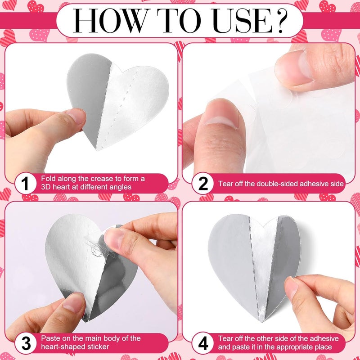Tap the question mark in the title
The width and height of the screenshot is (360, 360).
276,20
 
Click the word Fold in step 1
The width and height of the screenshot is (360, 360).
49,179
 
